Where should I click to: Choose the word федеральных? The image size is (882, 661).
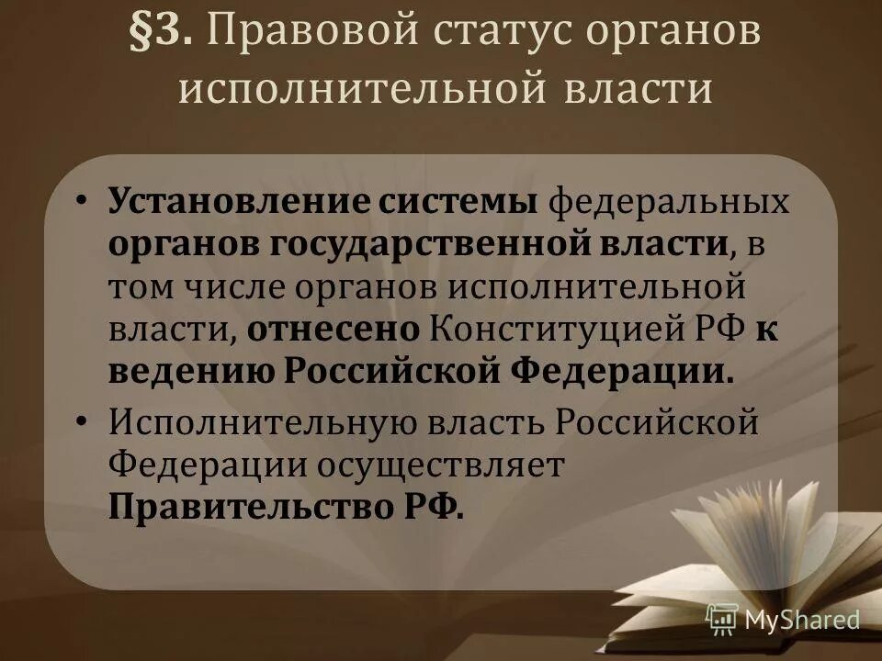[x=669, y=201]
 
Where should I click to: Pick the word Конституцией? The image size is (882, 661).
[x=552, y=330]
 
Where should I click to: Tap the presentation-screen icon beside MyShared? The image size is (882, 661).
[x=722, y=619]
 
